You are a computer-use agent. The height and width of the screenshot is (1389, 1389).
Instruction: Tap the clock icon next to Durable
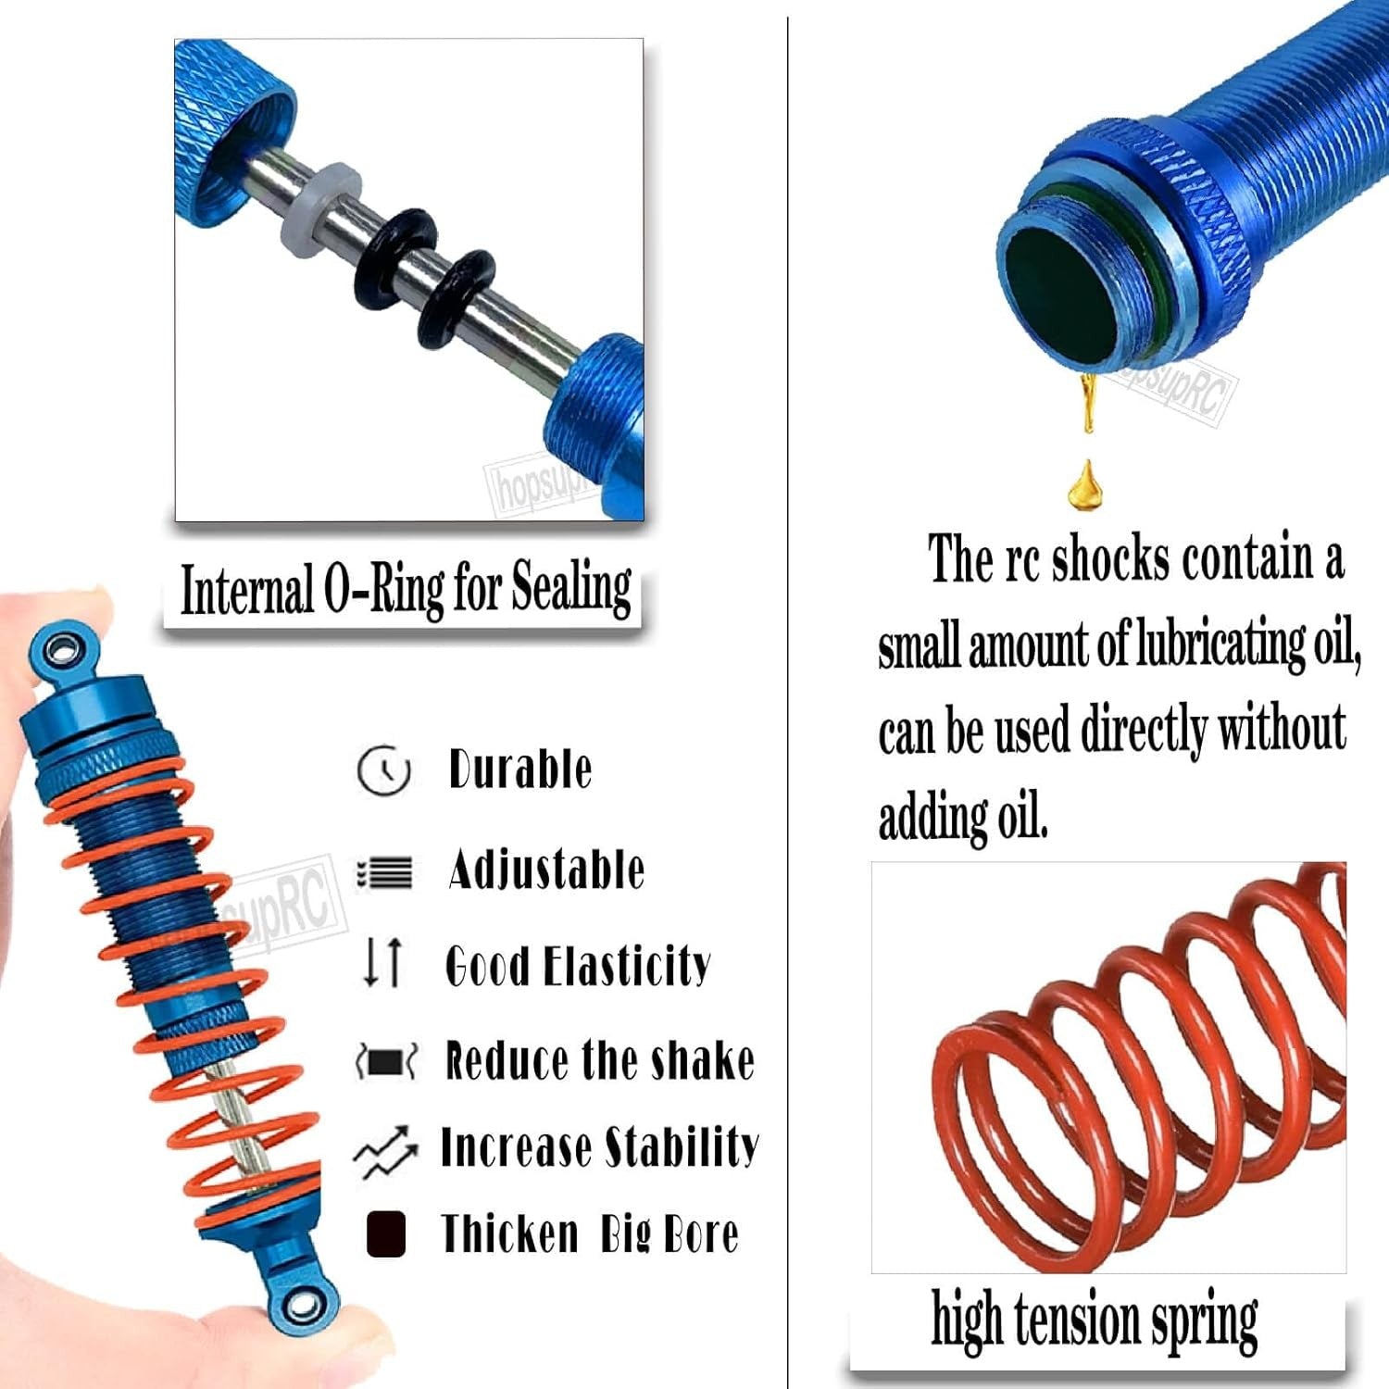pyautogui.click(x=383, y=770)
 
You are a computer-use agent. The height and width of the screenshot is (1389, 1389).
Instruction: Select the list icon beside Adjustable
pyautogui.click(x=384, y=871)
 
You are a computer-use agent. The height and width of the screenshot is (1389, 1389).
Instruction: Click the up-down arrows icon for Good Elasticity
pyautogui.click(x=383, y=961)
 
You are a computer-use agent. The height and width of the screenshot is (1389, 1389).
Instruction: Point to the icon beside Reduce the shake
pyautogui.click(x=386, y=1060)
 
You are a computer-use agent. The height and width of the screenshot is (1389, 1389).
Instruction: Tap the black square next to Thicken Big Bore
pyautogui.click(x=386, y=1233)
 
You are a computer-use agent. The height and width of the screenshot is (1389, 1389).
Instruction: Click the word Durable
pyautogui.click(x=519, y=770)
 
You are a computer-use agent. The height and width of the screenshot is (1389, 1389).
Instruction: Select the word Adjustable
pyautogui.click(x=546, y=870)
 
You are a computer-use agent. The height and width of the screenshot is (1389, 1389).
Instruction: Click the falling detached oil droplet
pyautogui.click(x=1085, y=487)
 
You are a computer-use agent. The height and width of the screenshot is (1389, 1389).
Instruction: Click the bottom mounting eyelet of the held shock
pyautogui.click(x=300, y=1307)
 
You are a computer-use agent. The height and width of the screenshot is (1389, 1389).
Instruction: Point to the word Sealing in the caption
pyautogui.click(x=571, y=589)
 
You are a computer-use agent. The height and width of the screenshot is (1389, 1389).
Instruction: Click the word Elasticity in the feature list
pyautogui.click(x=627, y=966)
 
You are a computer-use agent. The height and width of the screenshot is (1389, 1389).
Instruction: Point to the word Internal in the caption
pyautogui.click(x=246, y=590)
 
